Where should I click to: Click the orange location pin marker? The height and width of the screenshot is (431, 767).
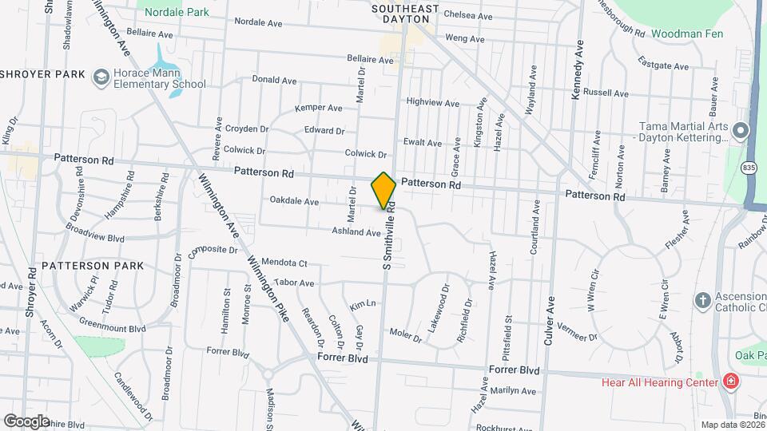[383, 190]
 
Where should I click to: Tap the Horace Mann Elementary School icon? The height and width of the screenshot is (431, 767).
[101, 76]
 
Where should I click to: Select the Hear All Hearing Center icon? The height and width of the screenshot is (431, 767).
[729, 382]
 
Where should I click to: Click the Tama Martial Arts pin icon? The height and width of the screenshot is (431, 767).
[741, 130]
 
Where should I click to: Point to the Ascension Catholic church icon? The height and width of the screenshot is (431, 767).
[702, 301]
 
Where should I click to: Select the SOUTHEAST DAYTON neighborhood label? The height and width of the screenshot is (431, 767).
[406, 14]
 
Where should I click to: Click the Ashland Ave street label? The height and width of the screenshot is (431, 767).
[356, 232]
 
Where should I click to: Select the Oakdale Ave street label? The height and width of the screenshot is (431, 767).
[294, 201]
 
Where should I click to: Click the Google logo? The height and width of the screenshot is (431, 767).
[26, 421]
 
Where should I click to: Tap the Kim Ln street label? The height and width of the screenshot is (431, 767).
[363, 306]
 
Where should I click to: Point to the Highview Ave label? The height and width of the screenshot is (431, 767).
[433, 103]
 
